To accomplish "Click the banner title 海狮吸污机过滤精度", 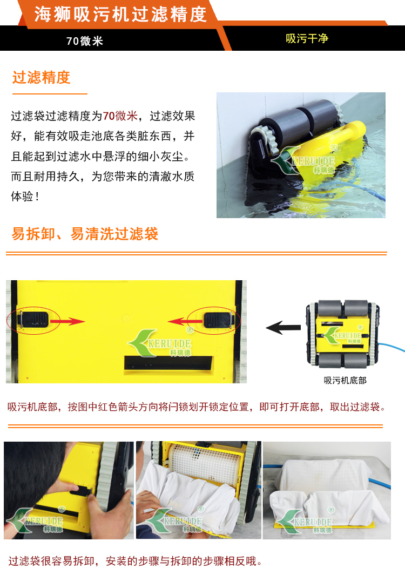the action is coord(120,15).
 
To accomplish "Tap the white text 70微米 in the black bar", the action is coord(85,40).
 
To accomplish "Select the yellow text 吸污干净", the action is coord(307,38).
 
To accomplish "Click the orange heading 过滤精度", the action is coord(41,77).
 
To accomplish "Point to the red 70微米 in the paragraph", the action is coord(120,116).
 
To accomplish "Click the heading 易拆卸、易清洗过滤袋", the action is coord(85,234).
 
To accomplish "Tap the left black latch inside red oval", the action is coord(33,320).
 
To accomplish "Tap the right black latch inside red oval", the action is coord(219,320).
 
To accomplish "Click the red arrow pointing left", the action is coord(186,322).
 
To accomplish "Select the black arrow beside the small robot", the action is coord(283,327).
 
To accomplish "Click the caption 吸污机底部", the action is coord(345,380).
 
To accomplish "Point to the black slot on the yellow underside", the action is coord(168,363).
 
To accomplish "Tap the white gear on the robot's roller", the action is coord(269,139).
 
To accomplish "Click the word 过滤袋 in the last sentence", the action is coord(25,561).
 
